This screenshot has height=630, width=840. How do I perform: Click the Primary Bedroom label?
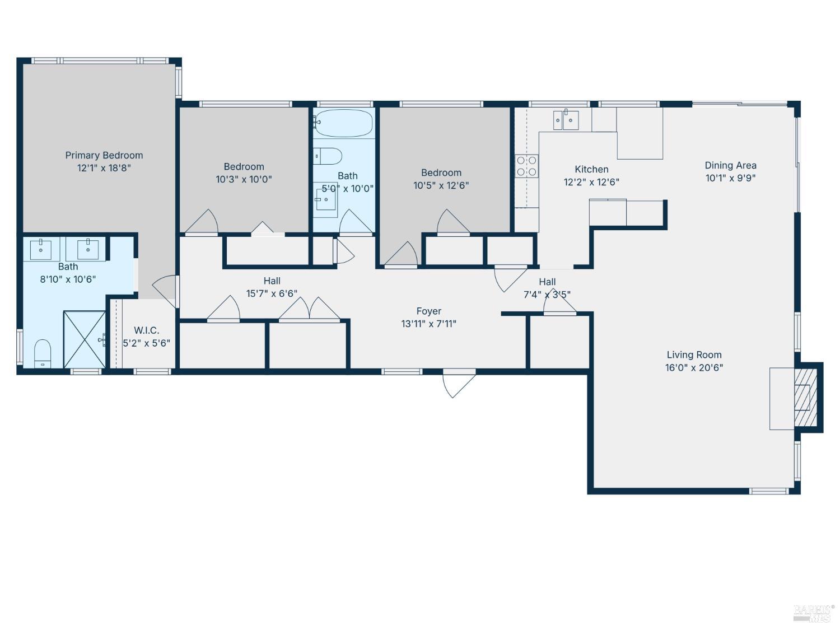pyautogui.click(x=104, y=155)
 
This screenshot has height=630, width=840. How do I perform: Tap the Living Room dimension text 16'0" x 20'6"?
pyautogui.click(x=694, y=367)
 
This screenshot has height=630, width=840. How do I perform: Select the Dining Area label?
pyautogui.click(x=730, y=165)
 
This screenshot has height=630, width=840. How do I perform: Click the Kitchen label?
pyautogui.click(x=591, y=169)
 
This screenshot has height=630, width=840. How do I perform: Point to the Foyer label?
pyautogui.click(x=428, y=311)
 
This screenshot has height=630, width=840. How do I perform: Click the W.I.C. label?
pyautogui.click(x=146, y=330)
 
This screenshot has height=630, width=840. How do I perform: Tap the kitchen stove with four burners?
pyautogui.click(x=526, y=166)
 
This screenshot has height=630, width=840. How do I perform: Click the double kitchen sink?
pyautogui.click(x=566, y=120)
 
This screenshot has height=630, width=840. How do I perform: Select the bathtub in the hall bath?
pyautogui.click(x=343, y=123)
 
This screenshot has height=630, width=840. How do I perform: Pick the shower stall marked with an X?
pyautogui.click(x=84, y=339)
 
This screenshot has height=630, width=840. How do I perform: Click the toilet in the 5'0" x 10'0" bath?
pyautogui.click(x=328, y=156)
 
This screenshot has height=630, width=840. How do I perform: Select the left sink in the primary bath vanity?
pyautogui.click(x=41, y=249)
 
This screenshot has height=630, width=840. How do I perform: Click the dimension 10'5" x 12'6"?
pyautogui.click(x=441, y=185)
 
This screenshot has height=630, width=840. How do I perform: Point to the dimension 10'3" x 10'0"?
pyautogui.click(x=244, y=179)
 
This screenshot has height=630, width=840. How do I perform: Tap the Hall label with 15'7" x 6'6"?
pyautogui.click(x=272, y=281)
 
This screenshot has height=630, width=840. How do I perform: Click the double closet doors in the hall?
pyautogui.click(x=309, y=310)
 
